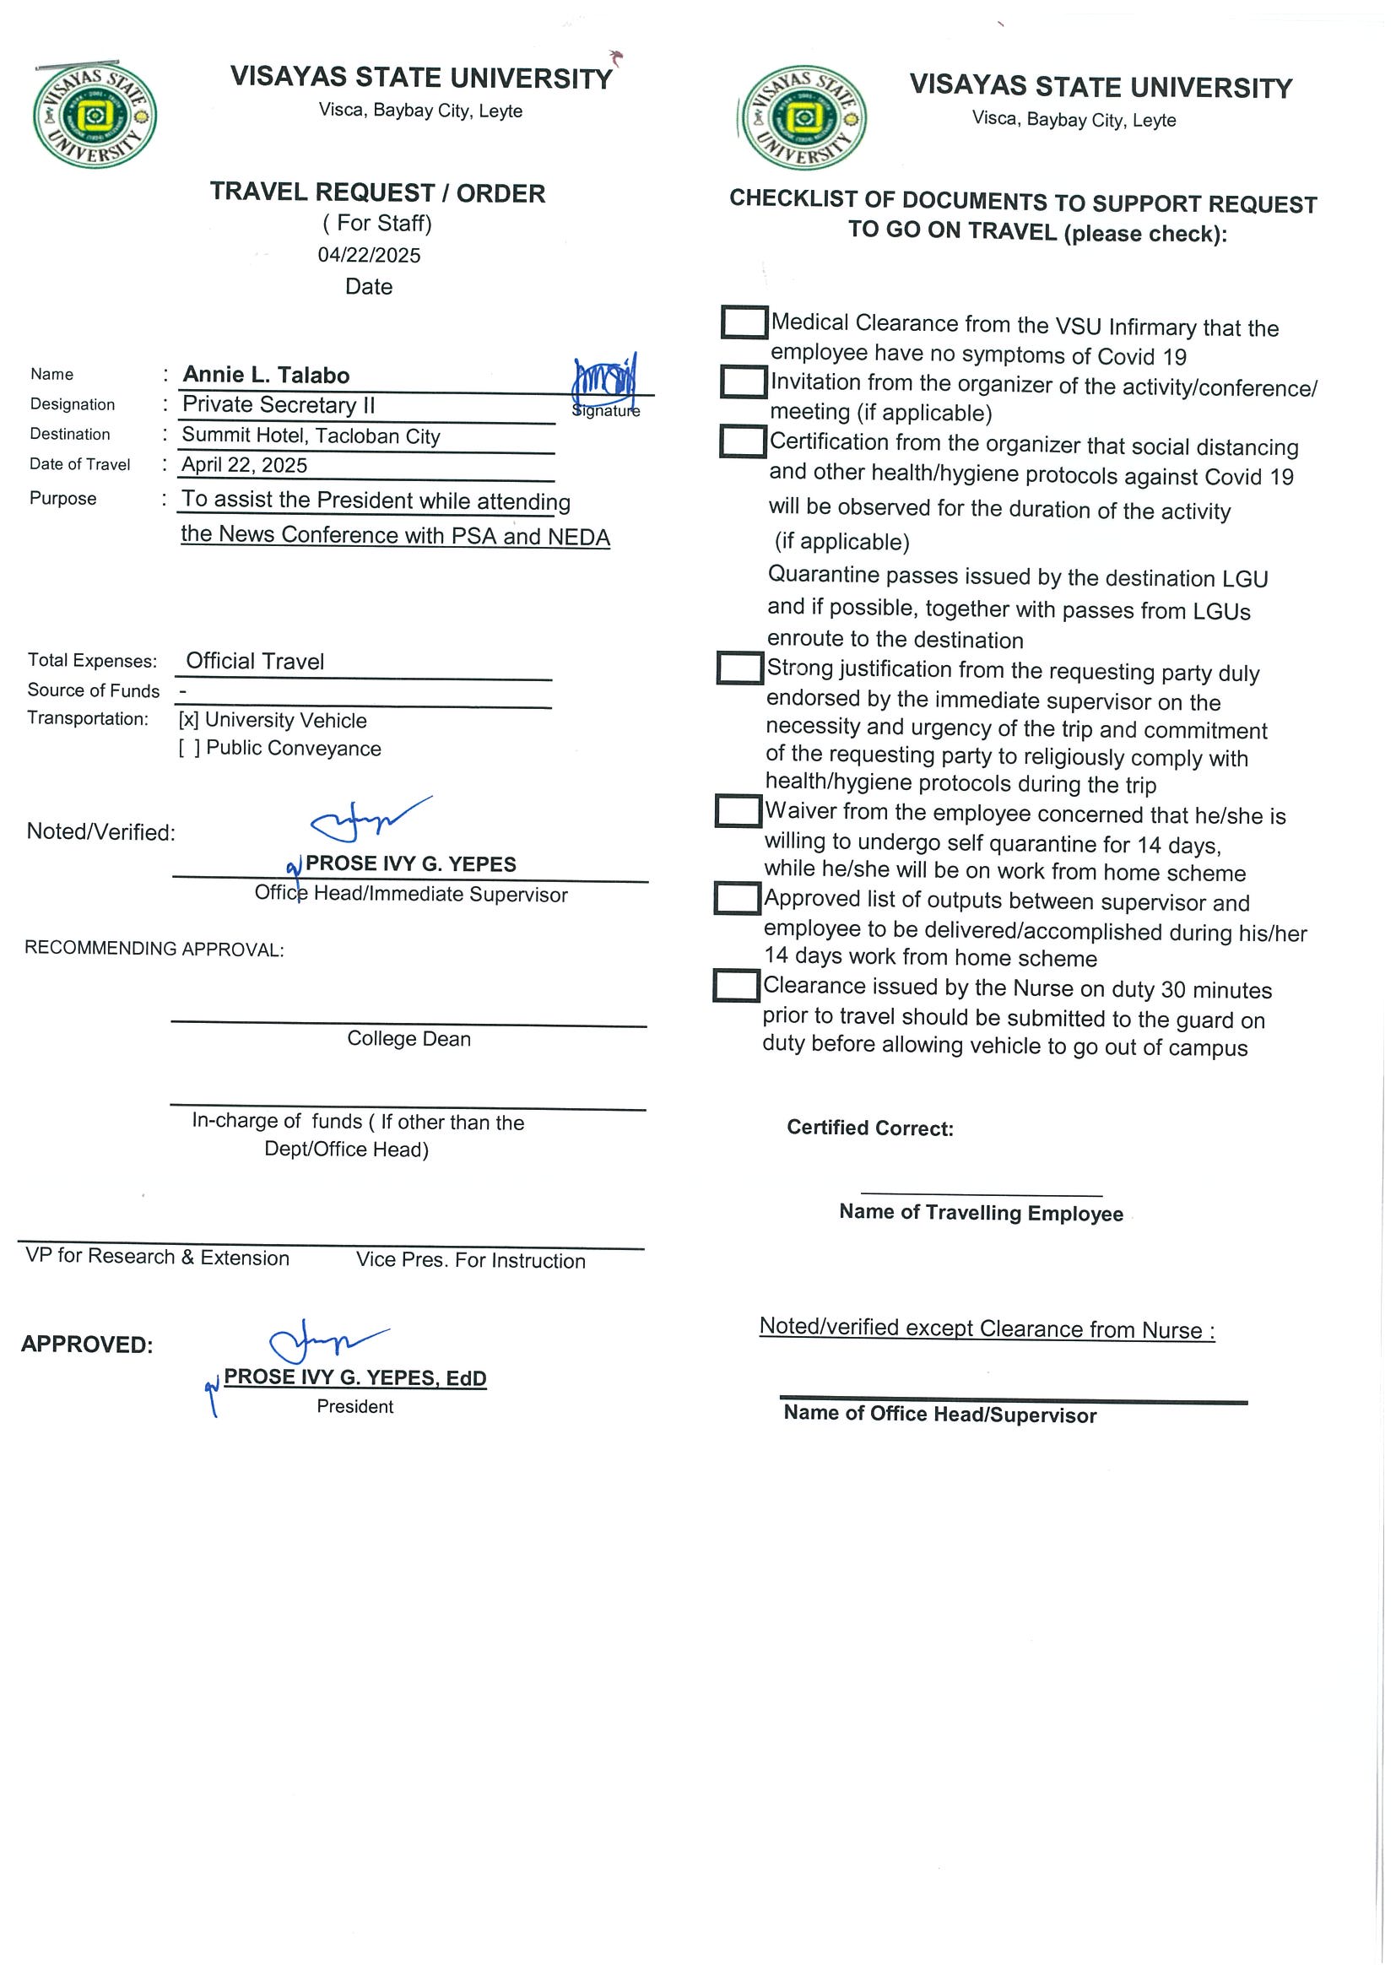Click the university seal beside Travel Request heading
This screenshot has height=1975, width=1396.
pos(95,115)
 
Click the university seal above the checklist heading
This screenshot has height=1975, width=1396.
pos(804,118)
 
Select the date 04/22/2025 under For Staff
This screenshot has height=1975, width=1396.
pos(369,255)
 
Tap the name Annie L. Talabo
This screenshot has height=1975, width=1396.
pos(266,375)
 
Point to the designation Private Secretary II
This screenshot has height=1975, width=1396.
pos(279,404)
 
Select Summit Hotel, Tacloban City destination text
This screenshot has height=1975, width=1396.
pos(311,436)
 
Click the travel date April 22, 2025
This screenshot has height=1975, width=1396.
pos(244,465)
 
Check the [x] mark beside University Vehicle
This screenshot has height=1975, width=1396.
pos(188,720)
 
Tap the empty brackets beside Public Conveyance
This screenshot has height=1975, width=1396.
pos(189,749)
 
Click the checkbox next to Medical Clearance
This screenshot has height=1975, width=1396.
pos(744,322)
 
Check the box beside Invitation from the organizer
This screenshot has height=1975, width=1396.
pos(744,382)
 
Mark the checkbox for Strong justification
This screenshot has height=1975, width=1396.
pos(739,668)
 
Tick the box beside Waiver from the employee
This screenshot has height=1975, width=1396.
pos(738,811)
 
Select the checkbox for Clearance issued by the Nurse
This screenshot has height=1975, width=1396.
pos(736,986)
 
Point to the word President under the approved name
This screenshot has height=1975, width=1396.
pos(354,1406)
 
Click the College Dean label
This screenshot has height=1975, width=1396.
pos(409,1038)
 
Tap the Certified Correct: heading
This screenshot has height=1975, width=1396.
pos(869,1128)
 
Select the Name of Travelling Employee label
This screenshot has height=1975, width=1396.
pos(981,1213)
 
